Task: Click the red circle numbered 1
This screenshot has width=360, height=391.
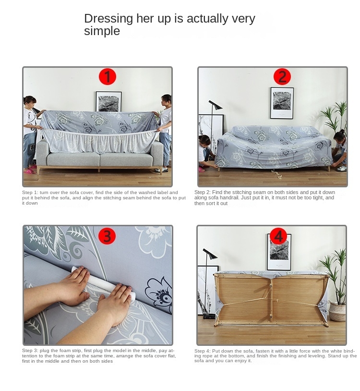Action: (x=108, y=76)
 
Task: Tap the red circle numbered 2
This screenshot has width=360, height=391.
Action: (x=282, y=76)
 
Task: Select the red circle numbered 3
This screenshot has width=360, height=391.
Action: (x=107, y=236)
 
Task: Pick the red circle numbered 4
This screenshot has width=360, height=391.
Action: (x=278, y=236)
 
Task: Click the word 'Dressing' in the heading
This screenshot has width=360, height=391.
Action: (x=108, y=19)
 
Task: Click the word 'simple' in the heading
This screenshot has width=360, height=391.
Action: (x=102, y=31)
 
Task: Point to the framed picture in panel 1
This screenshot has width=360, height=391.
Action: (x=108, y=101)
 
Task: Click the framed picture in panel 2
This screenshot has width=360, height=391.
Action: (x=282, y=103)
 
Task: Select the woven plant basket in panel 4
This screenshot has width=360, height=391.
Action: (x=337, y=312)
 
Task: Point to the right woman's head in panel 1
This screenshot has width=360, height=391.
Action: (x=166, y=100)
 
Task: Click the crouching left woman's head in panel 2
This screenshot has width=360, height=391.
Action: (x=204, y=140)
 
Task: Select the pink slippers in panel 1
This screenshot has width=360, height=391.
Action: (x=29, y=171)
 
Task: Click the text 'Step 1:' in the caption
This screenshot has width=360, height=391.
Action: (x=30, y=193)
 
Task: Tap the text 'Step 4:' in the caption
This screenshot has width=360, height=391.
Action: (x=203, y=351)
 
